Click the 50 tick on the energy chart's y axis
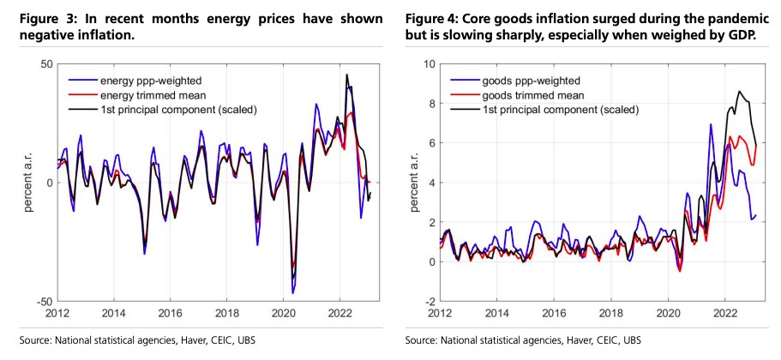click(x=46, y=64)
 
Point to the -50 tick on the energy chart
click(x=44, y=302)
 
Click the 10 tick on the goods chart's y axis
click(x=429, y=64)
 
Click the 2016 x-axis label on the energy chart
click(x=171, y=314)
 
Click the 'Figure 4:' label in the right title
click(x=435, y=19)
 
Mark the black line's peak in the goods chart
click(x=739, y=91)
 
